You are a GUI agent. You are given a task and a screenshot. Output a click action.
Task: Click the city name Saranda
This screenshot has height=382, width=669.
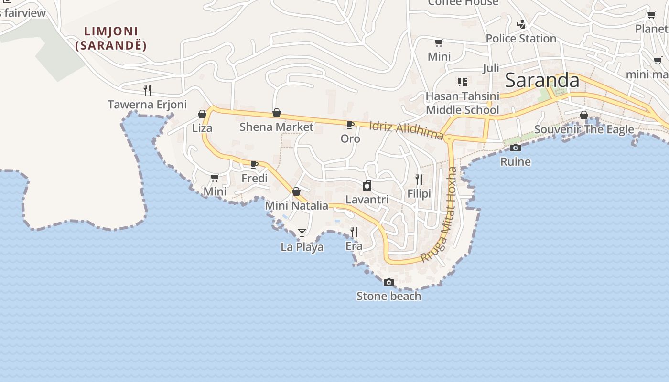click(x=542, y=80)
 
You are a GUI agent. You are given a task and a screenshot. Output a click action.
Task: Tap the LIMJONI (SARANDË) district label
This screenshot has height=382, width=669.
click(x=110, y=39)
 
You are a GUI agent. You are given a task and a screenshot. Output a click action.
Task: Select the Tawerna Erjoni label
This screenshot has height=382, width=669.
click(x=147, y=105)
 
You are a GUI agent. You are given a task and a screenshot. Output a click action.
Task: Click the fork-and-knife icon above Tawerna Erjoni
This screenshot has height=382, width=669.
click(x=147, y=90)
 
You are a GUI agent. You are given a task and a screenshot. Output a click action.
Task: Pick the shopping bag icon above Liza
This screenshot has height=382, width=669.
click(x=202, y=114)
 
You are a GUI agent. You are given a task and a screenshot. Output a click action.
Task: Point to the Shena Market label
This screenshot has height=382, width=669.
click(x=276, y=127)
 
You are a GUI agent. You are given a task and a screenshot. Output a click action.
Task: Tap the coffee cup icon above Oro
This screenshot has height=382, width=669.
click(x=350, y=125)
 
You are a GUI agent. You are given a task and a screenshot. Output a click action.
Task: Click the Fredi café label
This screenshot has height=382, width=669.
click(x=254, y=179)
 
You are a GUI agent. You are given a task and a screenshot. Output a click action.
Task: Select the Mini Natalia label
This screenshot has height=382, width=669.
click(x=296, y=206)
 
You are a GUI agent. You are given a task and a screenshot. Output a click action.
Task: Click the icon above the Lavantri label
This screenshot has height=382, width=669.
click(x=367, y=185)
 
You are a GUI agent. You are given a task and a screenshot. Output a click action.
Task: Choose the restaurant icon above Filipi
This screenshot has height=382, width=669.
click(x=419, y=180)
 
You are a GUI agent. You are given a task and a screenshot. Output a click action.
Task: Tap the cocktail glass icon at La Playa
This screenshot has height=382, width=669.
click(x=302, y=233)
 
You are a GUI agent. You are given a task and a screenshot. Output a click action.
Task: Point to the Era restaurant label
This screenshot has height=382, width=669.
click(x=354, y=246)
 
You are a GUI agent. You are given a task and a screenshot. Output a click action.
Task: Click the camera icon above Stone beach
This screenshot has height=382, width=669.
click(x=389, y=283)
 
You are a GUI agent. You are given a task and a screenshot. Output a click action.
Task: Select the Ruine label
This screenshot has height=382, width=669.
click(x=515, y=162)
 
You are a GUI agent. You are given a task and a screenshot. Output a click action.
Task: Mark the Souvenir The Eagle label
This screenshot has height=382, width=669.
click(x=584, y=129)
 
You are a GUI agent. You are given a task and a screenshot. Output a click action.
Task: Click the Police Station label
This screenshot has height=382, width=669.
click(x=521, y=39)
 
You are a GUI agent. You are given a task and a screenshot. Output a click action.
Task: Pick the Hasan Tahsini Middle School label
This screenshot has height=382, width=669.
click(x=462, y=103)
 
